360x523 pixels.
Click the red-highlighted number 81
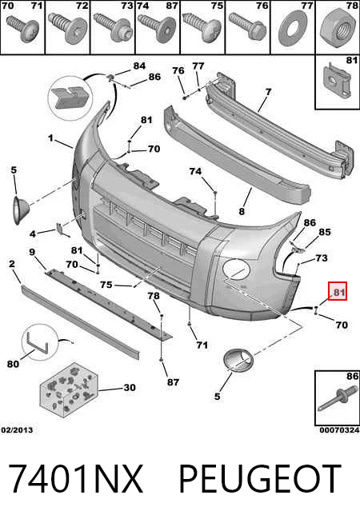(x=338, y=292)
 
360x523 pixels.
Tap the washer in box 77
(x=293, y=29)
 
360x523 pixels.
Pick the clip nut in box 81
(x=337, y=81)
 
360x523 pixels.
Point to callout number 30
(x=130, y=387)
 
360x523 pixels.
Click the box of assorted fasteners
(x=69, y=389)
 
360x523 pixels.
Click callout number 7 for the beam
(x=269, y=91)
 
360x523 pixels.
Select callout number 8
(x=242, y=211)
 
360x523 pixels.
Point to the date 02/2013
(x=18, y=430)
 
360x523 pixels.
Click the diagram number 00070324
(x=339, y=430)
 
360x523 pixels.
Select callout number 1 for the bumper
(x=50, y=138)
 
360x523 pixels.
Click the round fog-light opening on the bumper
(x=236, y=269)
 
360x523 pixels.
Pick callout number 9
(x=32, y=252)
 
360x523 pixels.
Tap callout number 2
(x=12, y=264)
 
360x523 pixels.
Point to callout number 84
(x=139, y=66)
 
